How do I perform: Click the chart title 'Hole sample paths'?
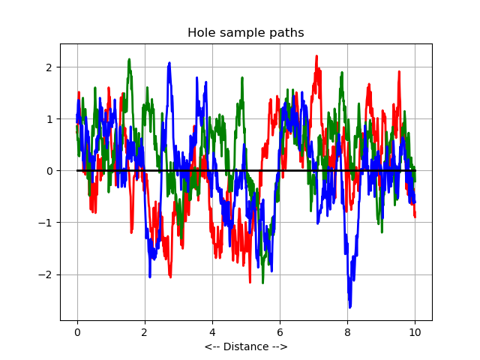[245, 33]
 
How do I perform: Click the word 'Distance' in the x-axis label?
[245, 347]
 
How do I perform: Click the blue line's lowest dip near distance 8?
[349, 306]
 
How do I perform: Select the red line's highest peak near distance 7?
[316, 56]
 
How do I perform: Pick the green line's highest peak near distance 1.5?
[129, 60]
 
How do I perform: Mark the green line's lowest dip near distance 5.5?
[262, 282]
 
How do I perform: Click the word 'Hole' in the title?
[201, 33]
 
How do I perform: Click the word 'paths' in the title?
[289, 33]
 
